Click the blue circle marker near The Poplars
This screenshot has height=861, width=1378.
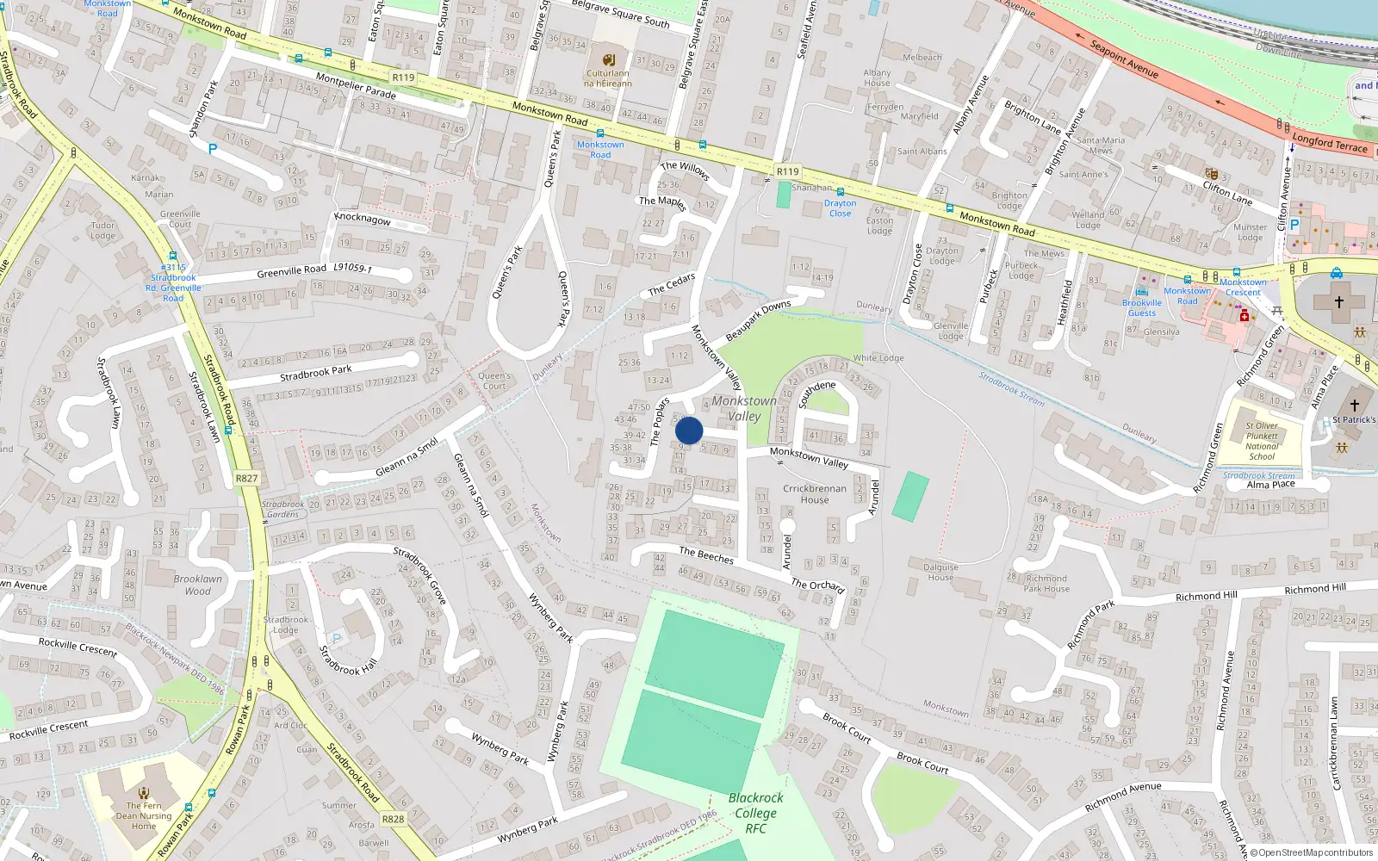point(689,430)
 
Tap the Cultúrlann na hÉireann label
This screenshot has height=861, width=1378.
point(608,78)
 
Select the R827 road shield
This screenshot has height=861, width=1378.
point(246,478)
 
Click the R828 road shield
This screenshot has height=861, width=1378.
point(393,819)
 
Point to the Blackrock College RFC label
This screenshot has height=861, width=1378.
point(755,813)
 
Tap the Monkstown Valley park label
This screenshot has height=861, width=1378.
point(744,408)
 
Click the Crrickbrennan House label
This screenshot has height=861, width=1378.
point(814,493)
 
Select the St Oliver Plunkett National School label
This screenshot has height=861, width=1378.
point(1262,441)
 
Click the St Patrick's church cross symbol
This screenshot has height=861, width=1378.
point(1354,404)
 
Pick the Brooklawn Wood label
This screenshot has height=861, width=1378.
point(197,585)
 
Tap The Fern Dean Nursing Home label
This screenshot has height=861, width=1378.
point(144,815)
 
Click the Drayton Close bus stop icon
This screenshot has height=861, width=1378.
point(841,192)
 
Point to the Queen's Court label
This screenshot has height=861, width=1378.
point(494,381)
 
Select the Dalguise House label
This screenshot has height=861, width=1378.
point(940,572)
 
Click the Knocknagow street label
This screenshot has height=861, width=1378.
point(363,219)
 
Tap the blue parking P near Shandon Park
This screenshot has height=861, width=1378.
point(213,149)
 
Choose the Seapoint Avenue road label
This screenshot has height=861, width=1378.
point(1124,59)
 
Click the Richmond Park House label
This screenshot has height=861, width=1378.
point(1046,584)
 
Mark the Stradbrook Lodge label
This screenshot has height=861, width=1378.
point(285,624)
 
